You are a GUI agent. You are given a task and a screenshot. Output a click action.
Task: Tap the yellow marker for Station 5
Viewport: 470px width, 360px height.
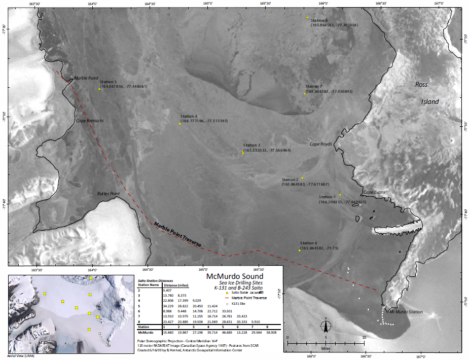pyautogui.click(x=99, y=89)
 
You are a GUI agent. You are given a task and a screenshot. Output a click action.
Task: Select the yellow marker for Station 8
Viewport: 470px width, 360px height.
pyautogui.click(x=307, y=18)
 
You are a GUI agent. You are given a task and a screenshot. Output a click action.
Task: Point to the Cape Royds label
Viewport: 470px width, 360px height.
pyautogui.click(x=320, y=144)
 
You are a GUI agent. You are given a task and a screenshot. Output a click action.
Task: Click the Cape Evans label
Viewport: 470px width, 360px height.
pyautogui.click(x=374, y=193)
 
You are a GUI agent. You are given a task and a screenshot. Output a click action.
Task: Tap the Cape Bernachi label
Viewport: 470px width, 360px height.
pyautogui.click(x=90, y=121)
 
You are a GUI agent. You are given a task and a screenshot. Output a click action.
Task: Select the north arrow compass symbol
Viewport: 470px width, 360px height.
pyautogui.click(x=326, y=326)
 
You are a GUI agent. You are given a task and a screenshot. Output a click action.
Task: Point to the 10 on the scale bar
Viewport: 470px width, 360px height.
pyautogui.click(x=363, y=337)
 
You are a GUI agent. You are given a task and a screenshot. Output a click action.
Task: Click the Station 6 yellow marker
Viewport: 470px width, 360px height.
pyautogui.click(x=300, y=249)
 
